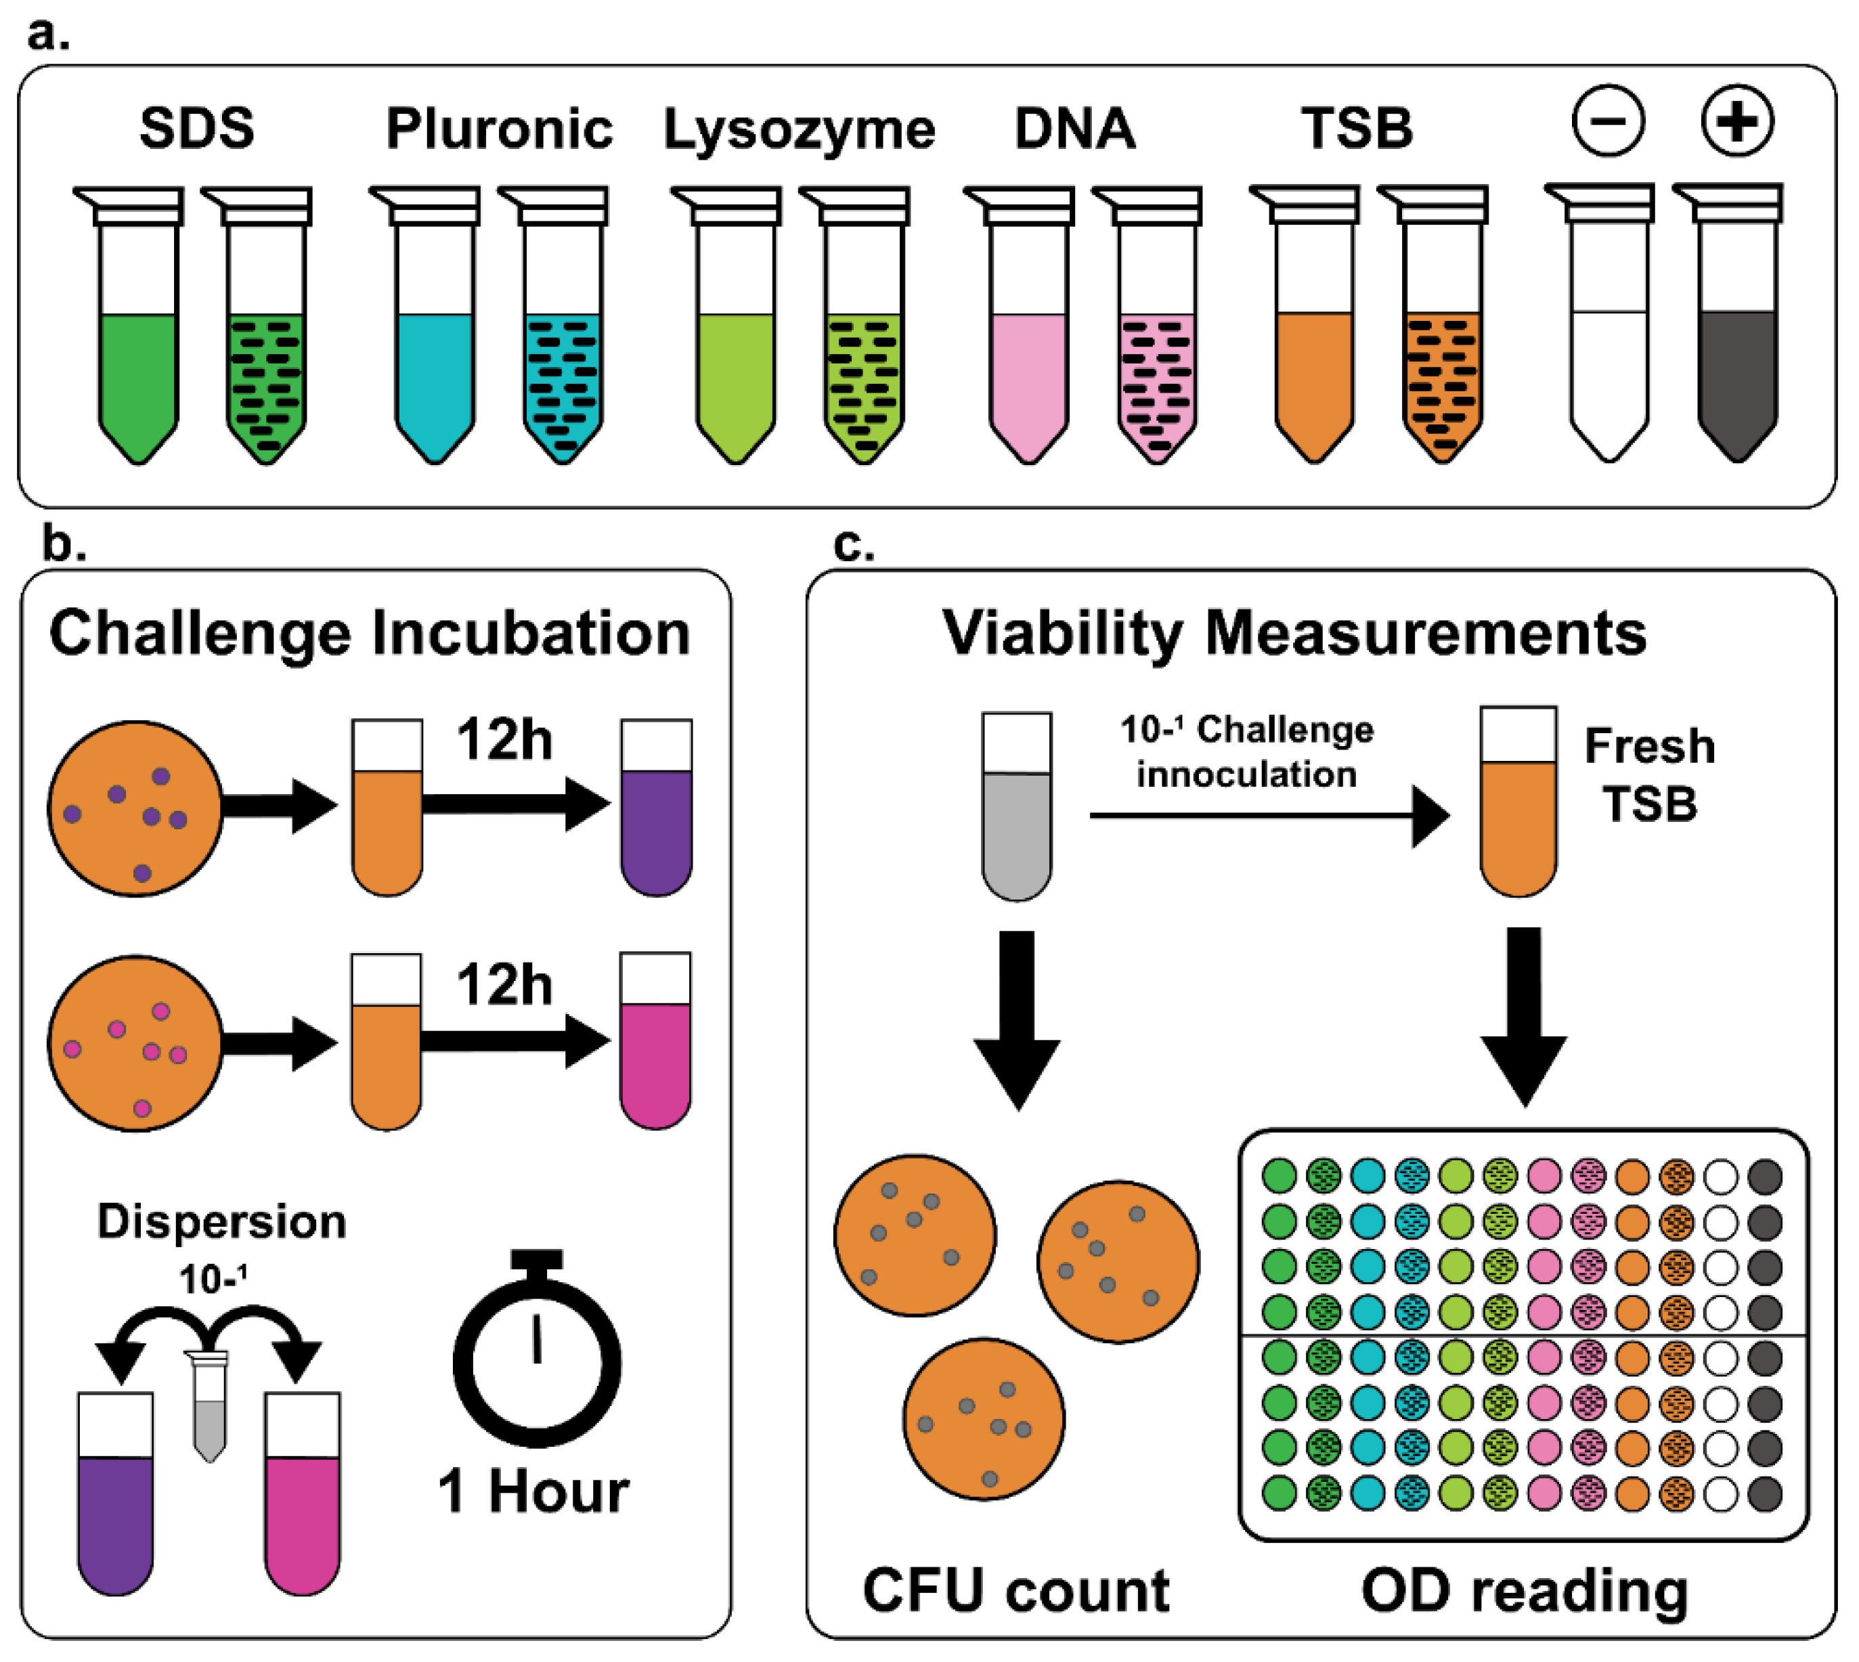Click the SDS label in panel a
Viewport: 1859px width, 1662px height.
[x=196, y=128]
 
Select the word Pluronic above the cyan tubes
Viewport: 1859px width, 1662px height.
[x=498, y=129]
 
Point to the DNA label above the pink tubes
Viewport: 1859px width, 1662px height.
[x=1074, y=128]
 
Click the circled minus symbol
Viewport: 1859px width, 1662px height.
[x=1608, y=121]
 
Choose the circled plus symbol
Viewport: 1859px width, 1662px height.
[x=1736, y=121]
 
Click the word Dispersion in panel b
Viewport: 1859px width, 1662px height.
[x=222, y=1222]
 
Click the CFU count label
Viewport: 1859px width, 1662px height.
[x=1015, y=1591]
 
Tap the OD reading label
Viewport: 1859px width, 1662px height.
[x=1524, y=1591]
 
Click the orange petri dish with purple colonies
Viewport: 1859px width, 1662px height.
[x=135, y=809]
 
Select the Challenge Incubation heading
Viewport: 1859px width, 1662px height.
[x=370, y=633]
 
